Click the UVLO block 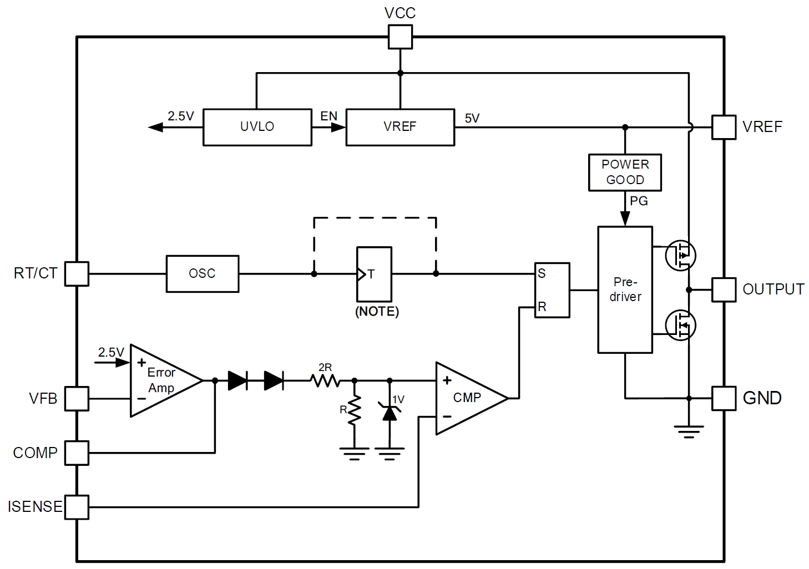click(x=257, y=127)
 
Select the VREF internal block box click(x=400, y=127)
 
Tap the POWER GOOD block click(x=625, y=172)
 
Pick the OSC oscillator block click(x=203, y=273)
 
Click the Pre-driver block click(x=625, y=289)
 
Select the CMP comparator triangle click(x=469, y=398)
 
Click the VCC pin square click(x=400, y=37)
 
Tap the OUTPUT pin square click(x=724, y=289)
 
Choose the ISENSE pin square click(x=77, y=507)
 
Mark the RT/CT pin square click(x=77, y=273)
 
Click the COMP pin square click(x=77, y=453)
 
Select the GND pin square click(x=724, y=398)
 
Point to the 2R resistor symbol click(x=325, y=380)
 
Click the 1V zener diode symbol click(x=390, y=411)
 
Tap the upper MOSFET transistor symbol click(x=680, y=255)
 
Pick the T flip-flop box click(x=374, y=274)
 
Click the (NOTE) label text click(x=377, y=311)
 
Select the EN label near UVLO click(x=328, y=116)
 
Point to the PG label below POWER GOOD click(x=639, y=201)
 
